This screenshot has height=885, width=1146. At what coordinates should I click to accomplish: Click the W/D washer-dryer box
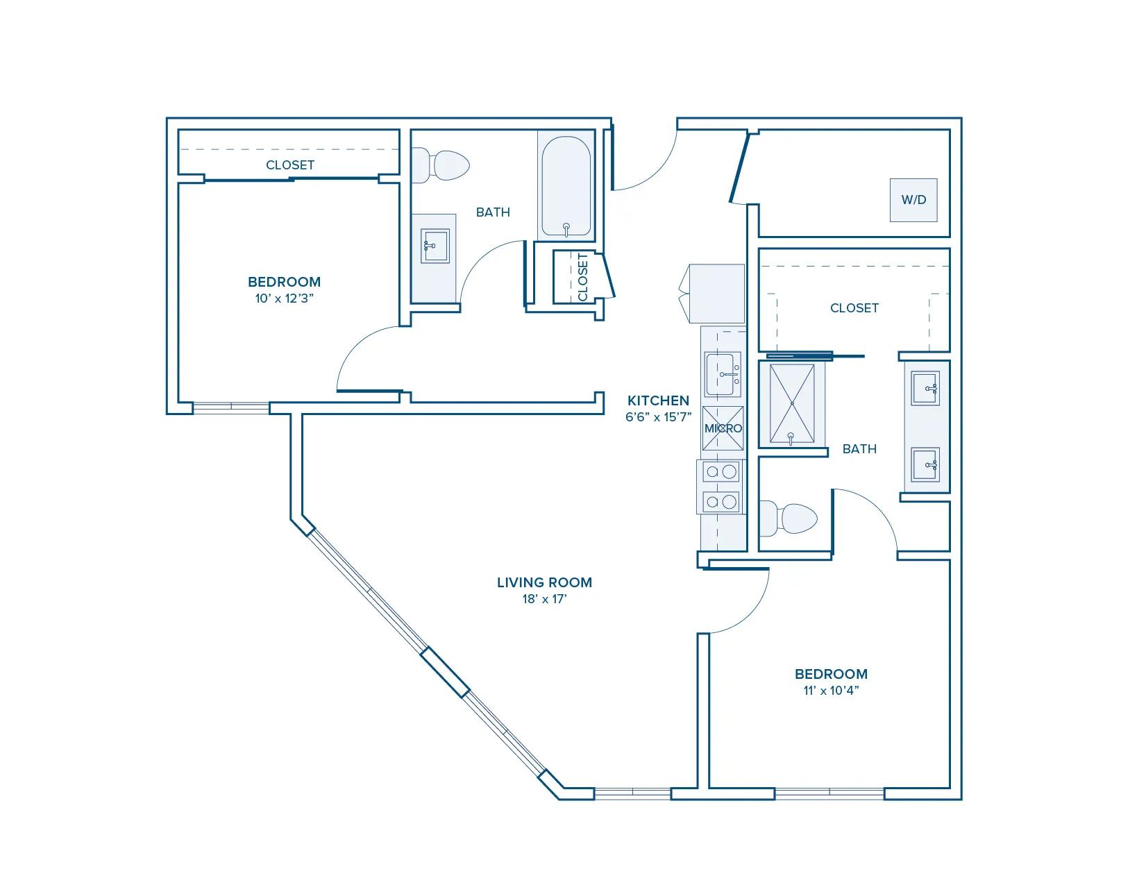point(913,200)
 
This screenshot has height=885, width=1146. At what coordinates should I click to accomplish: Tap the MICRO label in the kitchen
point(723,428)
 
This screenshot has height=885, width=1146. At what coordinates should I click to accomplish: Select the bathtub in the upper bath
point(566,186)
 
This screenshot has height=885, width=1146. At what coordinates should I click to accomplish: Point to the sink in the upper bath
point(435,246)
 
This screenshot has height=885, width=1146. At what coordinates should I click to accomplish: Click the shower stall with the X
point(791,404)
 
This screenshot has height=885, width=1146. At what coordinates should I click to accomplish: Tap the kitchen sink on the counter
point(723,374)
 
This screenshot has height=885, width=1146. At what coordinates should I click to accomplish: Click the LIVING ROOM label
point(544,582)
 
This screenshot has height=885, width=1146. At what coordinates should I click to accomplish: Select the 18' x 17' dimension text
point(544,598)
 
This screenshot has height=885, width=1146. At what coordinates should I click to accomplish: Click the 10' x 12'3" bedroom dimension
point(285,298)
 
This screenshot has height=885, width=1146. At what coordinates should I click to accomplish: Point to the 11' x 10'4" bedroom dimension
point(831,690)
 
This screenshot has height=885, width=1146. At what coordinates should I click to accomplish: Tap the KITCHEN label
point(658,401)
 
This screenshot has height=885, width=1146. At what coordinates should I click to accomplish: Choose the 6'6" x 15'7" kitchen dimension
point(658,416)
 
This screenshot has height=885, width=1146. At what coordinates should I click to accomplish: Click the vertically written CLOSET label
point(583,278)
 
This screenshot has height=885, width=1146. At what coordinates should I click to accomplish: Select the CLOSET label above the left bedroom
point(290,165)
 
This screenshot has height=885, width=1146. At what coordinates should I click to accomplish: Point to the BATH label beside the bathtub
point(493,212)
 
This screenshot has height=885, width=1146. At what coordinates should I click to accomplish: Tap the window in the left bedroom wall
point(231,407)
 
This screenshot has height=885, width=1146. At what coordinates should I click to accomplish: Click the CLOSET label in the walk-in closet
point(854,308)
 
